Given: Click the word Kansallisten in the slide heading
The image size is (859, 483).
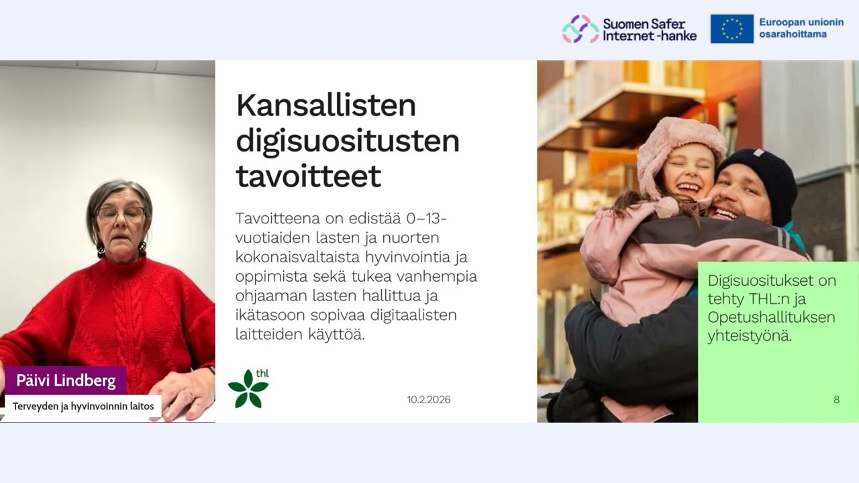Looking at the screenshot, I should point(326,106).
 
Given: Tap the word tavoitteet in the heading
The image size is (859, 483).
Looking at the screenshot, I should point(308,176).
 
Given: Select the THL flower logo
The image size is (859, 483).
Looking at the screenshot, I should point(248,388).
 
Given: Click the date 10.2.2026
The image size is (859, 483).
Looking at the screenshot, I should point(429,400).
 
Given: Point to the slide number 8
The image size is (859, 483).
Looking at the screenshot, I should point(836,400).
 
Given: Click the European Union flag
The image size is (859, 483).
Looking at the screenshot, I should point(731,29).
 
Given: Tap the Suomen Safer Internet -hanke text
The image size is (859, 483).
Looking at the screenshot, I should point(649,30).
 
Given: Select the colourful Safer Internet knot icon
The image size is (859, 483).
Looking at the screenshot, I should point(580,29).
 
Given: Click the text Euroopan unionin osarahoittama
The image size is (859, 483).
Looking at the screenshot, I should point(801,28).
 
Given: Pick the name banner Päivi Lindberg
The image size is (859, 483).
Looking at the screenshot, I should point(66,381).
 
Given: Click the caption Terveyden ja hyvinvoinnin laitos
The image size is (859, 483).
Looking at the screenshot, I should point(83,406).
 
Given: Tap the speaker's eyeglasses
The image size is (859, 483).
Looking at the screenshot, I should point(121,215).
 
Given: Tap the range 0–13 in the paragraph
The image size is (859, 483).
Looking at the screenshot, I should point(425,219).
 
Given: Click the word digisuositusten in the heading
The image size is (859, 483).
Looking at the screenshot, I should point(348,141).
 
